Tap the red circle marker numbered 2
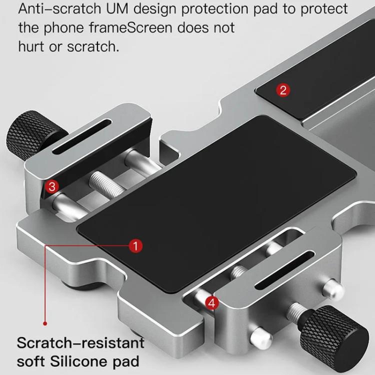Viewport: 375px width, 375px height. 283,90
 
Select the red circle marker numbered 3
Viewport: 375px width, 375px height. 52,186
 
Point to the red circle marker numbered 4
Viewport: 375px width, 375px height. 212,302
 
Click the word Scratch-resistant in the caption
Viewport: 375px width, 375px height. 80,343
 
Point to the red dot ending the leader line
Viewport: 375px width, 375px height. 44,323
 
